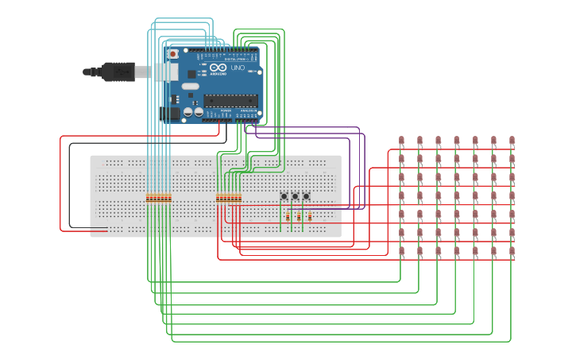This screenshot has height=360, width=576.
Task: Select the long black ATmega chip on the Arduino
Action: pos(230,100)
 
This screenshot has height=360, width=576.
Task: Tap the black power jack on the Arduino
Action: pos(169,113)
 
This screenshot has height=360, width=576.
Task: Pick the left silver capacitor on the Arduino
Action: pos(187,113)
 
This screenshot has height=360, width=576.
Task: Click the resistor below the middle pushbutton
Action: pos(297,216)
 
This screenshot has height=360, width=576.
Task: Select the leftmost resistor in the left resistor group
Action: pos(148,199)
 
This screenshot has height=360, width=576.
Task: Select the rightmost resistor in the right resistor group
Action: pos(240,199)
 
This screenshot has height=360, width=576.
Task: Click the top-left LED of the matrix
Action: pos(400,141)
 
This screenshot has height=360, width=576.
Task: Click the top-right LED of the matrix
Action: pos(512,141)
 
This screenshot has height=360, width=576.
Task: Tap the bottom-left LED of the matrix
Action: pos(400,252)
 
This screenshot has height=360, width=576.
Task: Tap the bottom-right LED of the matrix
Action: pos(512,252)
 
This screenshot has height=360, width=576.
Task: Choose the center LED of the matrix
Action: pos(457,196)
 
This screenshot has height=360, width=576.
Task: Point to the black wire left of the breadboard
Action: pos(69,187)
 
